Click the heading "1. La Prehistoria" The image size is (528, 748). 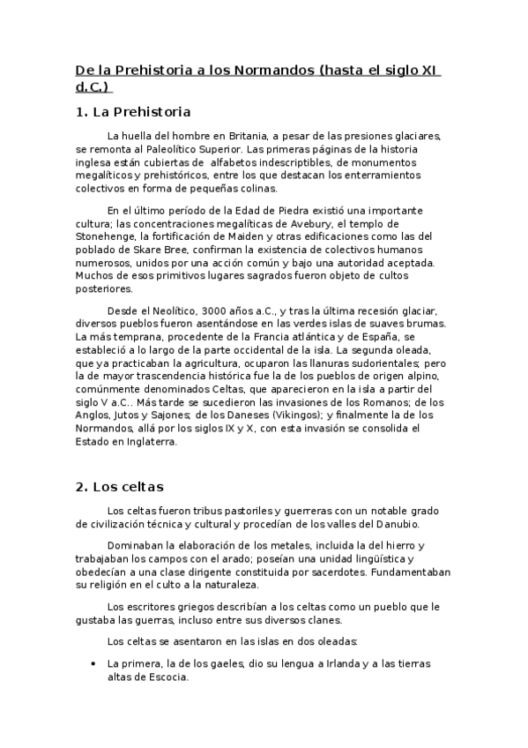[x=132, y=112]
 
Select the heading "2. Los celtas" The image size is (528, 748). [x=119, y=486]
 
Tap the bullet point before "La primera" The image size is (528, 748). [x=93, y=663]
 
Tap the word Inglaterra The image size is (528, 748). [x=149, y=442]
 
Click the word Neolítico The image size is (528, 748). [x=169, y=310]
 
